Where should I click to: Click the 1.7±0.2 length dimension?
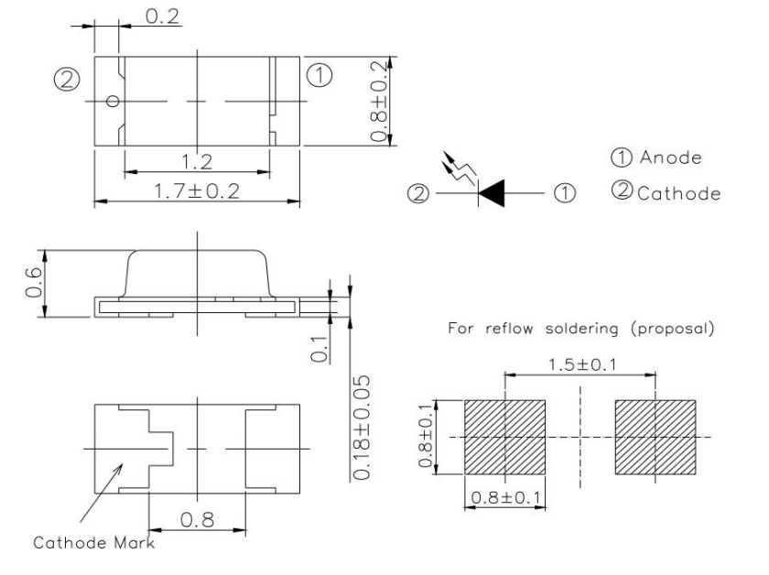(x=197, y=190)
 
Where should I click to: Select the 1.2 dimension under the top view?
(x=197, y=161)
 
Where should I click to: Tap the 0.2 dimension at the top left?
(x=163, y=16)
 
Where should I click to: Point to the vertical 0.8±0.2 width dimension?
(x=379, y=101)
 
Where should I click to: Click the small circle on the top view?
(x=113, y=102)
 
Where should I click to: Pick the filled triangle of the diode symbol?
(x=492, y=193)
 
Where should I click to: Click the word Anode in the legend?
(x=671, y=157)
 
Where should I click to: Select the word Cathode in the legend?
(x=679, y=193)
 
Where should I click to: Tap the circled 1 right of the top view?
(x=320, y=76)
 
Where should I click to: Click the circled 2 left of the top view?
(x=67, y=80)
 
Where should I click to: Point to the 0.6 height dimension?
(x=34, y=283)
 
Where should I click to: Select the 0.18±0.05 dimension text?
(x=361, y=428)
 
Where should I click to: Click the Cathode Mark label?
(x=93, y=543)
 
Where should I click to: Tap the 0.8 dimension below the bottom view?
(x=197, y=519)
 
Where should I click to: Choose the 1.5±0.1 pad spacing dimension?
(x=582, y=365)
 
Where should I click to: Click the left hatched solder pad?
(x=504, y=437)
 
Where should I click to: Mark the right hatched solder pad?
(x=655, y=437)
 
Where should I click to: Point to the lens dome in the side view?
(x=197, y=273)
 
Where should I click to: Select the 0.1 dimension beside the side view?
(x=320, y=349)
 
